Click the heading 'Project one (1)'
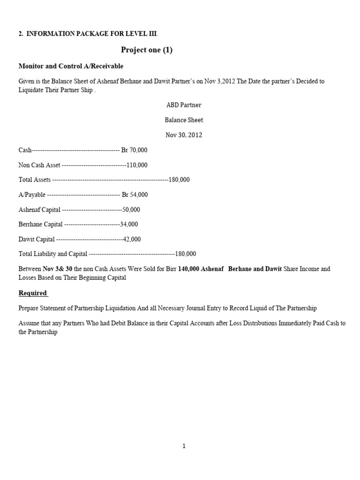(147, 50)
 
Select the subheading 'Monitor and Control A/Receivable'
(71, 66)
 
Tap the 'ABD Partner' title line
(184, 105)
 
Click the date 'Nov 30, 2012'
(184, 135)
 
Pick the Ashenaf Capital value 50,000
(131, 210)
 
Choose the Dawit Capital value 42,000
(132, 239)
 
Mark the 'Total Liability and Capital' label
(52, 254)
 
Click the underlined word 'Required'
(33, 293)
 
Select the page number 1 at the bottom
(184, 446)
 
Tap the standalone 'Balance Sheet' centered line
(184, 120)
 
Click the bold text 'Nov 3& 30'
(58, 269)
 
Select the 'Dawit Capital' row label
(37, 239)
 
